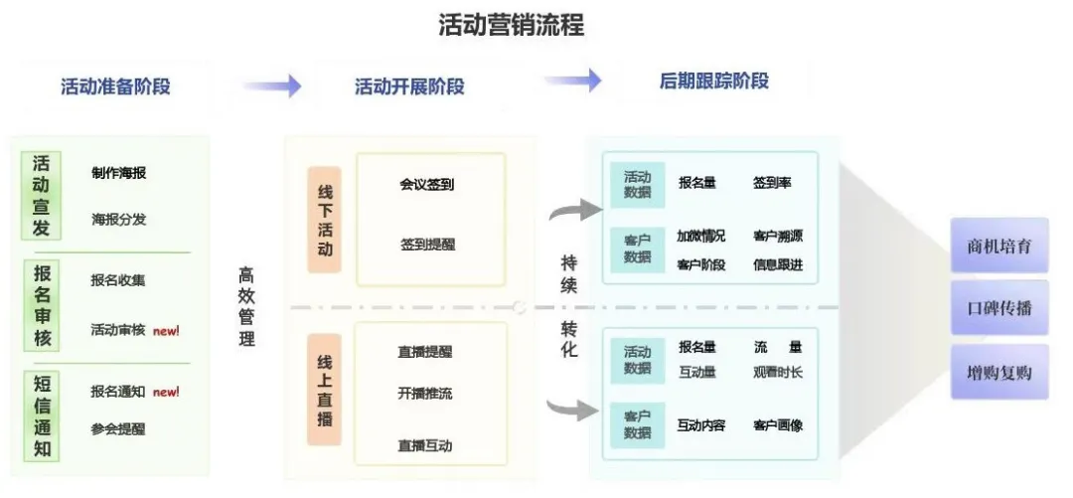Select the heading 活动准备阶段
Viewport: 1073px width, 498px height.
click(x=115, y=86)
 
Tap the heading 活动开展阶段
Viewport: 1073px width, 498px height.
click(x=409, y=86)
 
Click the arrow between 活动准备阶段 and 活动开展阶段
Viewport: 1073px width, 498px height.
click(x=272, y=86)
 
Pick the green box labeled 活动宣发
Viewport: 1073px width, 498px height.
click(x=41, y=196)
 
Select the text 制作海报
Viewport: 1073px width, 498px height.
click(x=118, y=173)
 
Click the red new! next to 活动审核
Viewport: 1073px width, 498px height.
click(x=166, y=330)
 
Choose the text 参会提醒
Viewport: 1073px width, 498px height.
click(x=118, y=429)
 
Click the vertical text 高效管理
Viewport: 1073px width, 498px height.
click(x=246, y=306)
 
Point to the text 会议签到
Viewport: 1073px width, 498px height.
click(x=427, y=184)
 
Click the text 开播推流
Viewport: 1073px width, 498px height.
click(x=425, y=394)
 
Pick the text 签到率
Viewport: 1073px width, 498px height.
click(x=772, y=183)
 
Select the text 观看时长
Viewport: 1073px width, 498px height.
click(x=778, y=373)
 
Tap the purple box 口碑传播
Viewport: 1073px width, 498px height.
click(x=999, y=308)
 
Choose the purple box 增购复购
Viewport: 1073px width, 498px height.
click(x=999, y=373)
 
